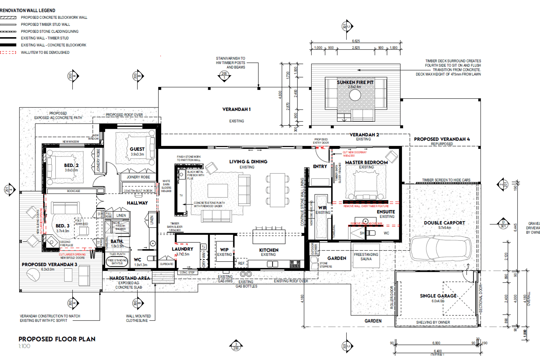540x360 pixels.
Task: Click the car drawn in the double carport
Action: tap(440, 248)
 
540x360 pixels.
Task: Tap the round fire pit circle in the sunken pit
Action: tap(355, 95)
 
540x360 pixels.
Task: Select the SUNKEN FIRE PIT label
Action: tap(355, 82)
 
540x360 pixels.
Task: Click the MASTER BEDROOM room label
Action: tap(366, 163)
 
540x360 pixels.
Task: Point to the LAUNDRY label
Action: tap(183, 249)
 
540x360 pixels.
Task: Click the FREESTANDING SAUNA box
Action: tap(366, 256)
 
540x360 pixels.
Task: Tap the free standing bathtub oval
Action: tap(117, 262)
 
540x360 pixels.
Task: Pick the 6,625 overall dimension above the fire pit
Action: tap(356, 41)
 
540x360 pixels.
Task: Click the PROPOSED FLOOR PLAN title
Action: tap(57, 339)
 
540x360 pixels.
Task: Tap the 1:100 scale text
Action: tap(24, 346)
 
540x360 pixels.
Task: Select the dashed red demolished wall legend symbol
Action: tap(8, 53)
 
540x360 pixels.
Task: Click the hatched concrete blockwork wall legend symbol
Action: tap(8, 17)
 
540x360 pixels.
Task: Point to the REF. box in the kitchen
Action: tap(241, 263)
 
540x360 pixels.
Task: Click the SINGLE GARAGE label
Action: tap(438, 296)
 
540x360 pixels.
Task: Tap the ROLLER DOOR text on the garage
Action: tap(392, 298)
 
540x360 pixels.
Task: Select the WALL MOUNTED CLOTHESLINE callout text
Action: tap(138, 318)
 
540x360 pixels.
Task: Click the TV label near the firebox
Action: tap(181, 195)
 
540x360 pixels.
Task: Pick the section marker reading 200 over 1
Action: tap(224, 76)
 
